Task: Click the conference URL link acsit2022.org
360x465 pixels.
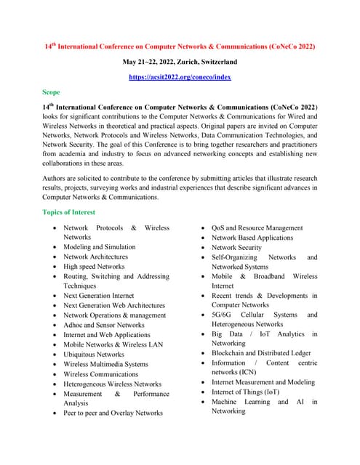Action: point(180,76)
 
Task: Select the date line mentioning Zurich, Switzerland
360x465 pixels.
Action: point(180,62)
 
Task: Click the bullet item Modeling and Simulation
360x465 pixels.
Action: point(100,247)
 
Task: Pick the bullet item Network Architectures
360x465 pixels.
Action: point(95,256)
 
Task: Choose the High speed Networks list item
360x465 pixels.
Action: point(94,267)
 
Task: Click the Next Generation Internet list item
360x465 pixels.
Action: point(98,296)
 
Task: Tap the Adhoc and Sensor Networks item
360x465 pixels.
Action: point(104,325)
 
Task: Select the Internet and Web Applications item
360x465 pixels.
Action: point(107,335)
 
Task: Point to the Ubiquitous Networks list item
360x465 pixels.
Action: point(94,355)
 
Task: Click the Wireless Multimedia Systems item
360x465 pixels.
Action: point(105,364)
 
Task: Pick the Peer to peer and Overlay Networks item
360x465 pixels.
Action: point(113,413)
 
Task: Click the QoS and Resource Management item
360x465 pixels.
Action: point(257,228)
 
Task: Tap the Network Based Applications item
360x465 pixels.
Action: point(252,238)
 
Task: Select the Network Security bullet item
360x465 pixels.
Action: point(236,247)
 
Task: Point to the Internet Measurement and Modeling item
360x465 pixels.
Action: point(263,382)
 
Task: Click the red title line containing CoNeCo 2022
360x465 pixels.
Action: point(180,46)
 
